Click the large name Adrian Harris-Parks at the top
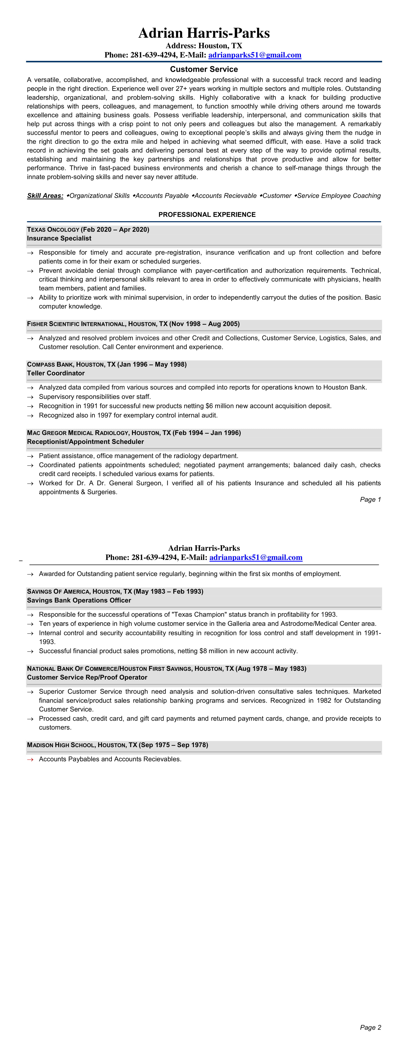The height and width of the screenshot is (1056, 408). (204, 33)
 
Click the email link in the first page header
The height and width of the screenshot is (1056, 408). (255, 55)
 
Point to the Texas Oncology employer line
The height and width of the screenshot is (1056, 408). (88, 230)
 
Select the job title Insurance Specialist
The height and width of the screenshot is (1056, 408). (59, 238)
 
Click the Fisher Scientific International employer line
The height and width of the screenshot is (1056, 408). (133, 324)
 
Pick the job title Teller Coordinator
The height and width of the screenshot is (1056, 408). (56, 373)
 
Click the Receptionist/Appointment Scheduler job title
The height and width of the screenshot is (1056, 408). (85, 442)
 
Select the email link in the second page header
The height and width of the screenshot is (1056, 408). (256, 558)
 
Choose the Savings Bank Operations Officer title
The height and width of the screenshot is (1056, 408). (79, 600)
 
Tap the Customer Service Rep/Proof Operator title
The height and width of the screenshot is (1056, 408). (87, 677)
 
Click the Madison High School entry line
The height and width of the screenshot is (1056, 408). (117, 745)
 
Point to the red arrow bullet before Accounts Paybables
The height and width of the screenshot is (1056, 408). (30, 759)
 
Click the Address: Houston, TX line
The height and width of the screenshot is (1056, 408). (204, 46)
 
